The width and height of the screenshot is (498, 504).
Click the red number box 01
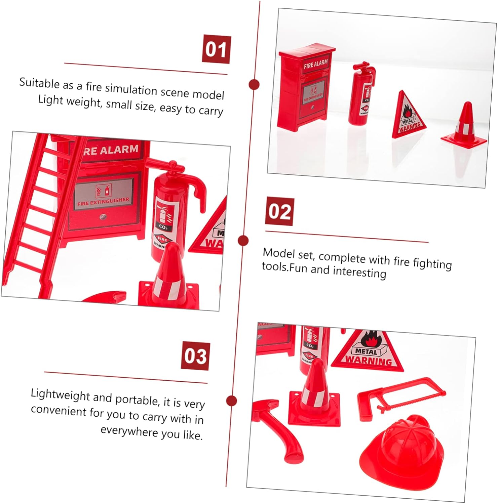coord(216,49)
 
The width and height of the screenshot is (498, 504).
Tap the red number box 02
coord(279,212)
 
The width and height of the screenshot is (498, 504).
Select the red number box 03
coord(196,356)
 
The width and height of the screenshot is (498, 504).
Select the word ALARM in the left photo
coord(119,150)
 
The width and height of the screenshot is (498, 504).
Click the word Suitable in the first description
coord(39,83)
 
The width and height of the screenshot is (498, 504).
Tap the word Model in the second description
coord(277,253)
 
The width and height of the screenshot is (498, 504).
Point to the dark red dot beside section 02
coord(243,241)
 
